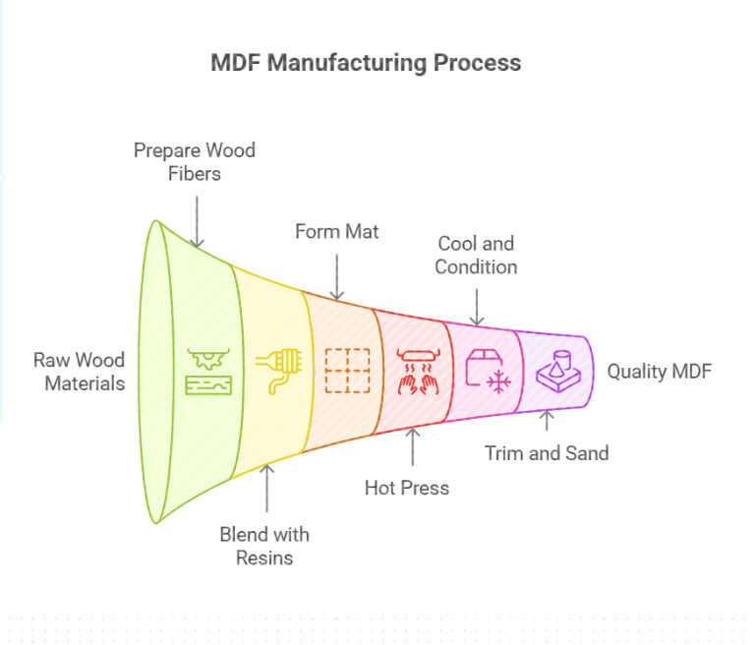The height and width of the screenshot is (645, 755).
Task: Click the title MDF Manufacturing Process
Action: pos(366,63)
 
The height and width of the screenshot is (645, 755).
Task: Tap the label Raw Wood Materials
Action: pos(79,372)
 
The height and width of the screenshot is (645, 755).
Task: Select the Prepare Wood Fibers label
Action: pos(194,162)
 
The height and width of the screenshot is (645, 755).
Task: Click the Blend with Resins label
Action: pos(263,546)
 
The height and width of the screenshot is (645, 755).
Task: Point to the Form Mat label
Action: pos(336,232)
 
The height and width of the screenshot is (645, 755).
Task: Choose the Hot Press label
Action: pos(406,488)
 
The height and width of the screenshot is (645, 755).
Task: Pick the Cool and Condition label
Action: pos(476,255)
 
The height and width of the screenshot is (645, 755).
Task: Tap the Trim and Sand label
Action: pos(547,453)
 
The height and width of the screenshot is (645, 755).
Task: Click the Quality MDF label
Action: pos(658,372)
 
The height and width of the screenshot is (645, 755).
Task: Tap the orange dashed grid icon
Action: pos(346,371)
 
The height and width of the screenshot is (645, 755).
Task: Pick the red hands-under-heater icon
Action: pos(413,371)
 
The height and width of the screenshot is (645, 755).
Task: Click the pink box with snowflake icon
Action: pos(485,370)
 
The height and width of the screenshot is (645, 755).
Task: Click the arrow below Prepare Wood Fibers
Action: pos(197,220)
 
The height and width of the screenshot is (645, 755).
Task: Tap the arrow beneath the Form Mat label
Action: pos(337,277)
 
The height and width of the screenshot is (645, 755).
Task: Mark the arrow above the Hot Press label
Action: pos(412,444)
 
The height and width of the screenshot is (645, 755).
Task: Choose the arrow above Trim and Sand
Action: pos(548,421)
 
